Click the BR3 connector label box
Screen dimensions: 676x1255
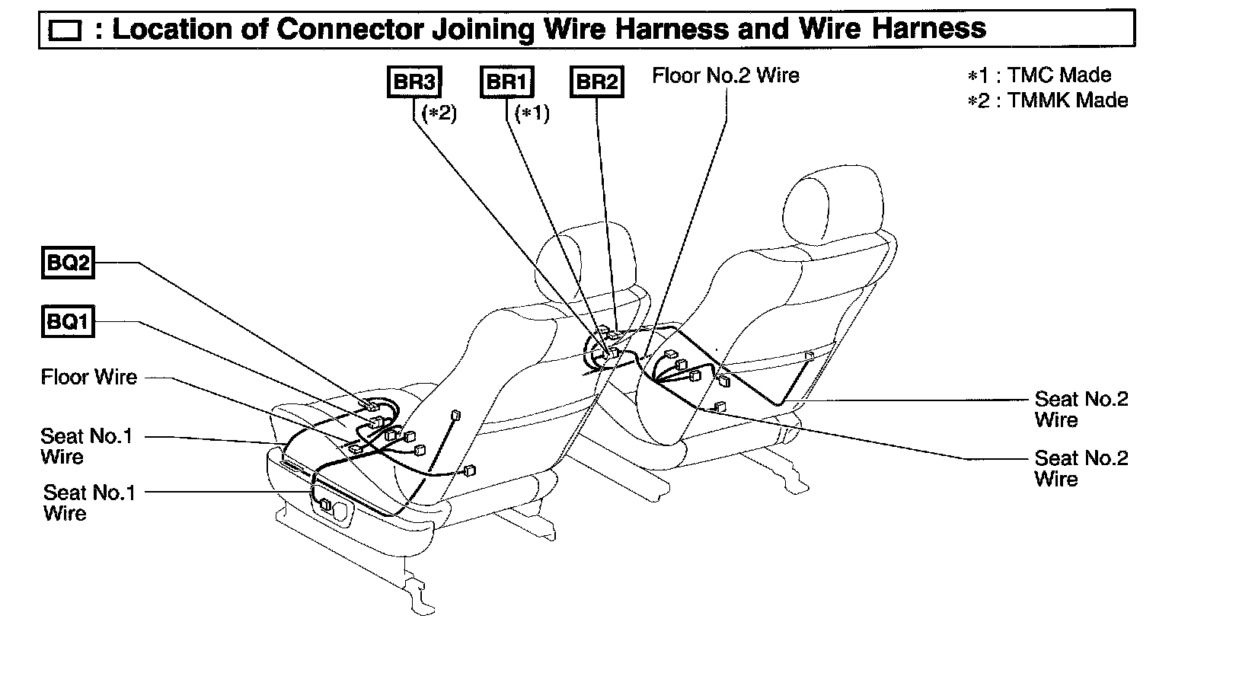(414, 82)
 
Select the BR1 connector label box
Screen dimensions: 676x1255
(506, 82)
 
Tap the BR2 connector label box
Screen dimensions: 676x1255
(596, 82)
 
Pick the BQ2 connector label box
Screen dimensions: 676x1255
(67, 263)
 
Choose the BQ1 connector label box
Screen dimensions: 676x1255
(67, 321)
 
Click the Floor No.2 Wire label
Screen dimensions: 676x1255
(725, 75)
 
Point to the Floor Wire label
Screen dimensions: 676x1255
(89, 377)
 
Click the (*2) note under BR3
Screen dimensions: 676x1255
(439, 113)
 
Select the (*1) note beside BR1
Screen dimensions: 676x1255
(532, 113)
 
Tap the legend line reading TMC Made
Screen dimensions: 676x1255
(1039, 75)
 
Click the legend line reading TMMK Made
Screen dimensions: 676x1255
(1048, 100)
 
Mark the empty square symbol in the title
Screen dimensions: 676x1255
(65, 31)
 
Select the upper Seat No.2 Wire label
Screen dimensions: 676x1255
(1081, 409)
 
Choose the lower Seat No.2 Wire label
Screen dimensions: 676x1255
(1081, 468)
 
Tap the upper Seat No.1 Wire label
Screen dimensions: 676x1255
(86, 446)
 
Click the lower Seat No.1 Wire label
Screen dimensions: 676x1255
(88, 502)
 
